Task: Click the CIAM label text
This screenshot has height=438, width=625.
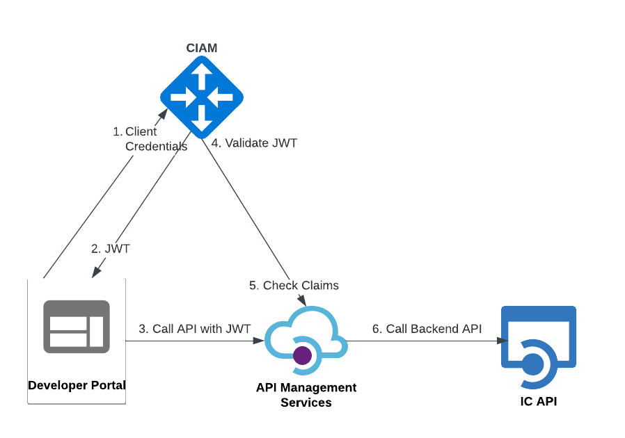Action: click(202, 48)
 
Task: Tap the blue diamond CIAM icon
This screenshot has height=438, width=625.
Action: click(202, 97)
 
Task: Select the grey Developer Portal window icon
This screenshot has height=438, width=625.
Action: click(77, 327)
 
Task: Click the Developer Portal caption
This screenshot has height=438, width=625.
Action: click(77, 385)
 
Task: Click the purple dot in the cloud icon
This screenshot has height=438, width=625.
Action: click(302, 355)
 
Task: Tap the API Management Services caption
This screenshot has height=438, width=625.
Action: click(306, 395)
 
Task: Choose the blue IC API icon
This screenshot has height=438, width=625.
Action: click(539, 346)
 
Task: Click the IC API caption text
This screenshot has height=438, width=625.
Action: click(539, 401)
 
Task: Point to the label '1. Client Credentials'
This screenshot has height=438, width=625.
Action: click(150, 139)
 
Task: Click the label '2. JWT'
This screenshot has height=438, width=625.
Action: click(111, 248)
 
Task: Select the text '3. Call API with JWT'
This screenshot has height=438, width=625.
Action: click(195, 329)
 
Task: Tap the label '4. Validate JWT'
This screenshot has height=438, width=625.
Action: click(255, 143)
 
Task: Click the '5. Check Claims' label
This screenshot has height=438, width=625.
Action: click(294, 285)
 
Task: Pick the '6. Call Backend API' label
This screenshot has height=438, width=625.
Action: click(427, 329)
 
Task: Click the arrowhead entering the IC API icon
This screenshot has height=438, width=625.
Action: click(503, 341)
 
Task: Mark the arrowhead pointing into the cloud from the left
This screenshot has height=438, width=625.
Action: click(259, 341)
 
